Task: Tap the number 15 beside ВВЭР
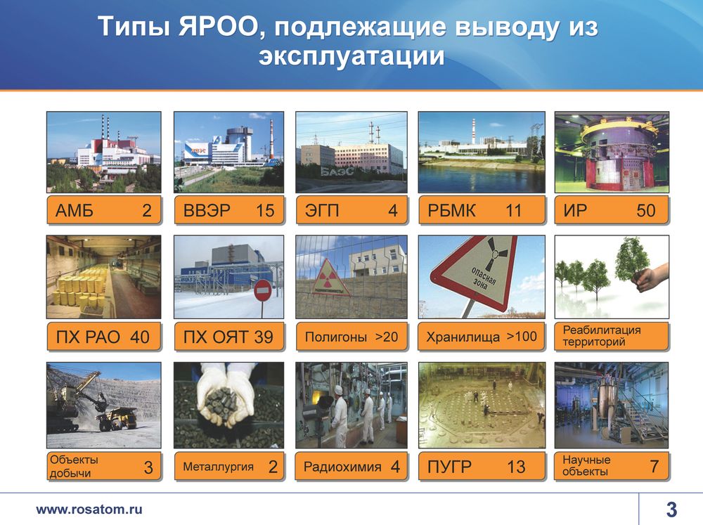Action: (265, 210)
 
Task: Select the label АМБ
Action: (75, 210)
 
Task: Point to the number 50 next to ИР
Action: (646, 210)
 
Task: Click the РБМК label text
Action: (451, 210)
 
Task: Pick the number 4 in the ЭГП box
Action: (393, 210)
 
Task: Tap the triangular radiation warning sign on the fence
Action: (332, 279)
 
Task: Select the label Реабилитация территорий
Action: (602, 336)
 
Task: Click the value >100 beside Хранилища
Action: (522, 336)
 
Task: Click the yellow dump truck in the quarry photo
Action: (117, 419)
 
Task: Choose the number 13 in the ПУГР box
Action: (516, 467)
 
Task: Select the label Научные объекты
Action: (586, 465)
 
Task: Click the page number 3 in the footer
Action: (671, 510)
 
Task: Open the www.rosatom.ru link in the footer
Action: (89, 510)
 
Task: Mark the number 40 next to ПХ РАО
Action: (139, 337)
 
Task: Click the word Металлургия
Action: (218, 467)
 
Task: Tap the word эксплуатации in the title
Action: (351, 56)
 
